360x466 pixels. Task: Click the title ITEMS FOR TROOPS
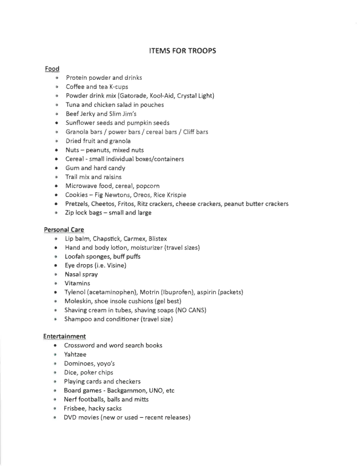tap(182, 51)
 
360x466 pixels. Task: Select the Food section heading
tap(52, 69)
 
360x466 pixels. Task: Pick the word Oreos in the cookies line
tap(143, 195)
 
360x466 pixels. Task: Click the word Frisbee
tap(76, 408)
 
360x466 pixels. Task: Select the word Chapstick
tap(106, 238)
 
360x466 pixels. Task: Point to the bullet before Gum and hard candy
tap(57, 168)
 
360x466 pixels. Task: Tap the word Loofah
tap(75, 257)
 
